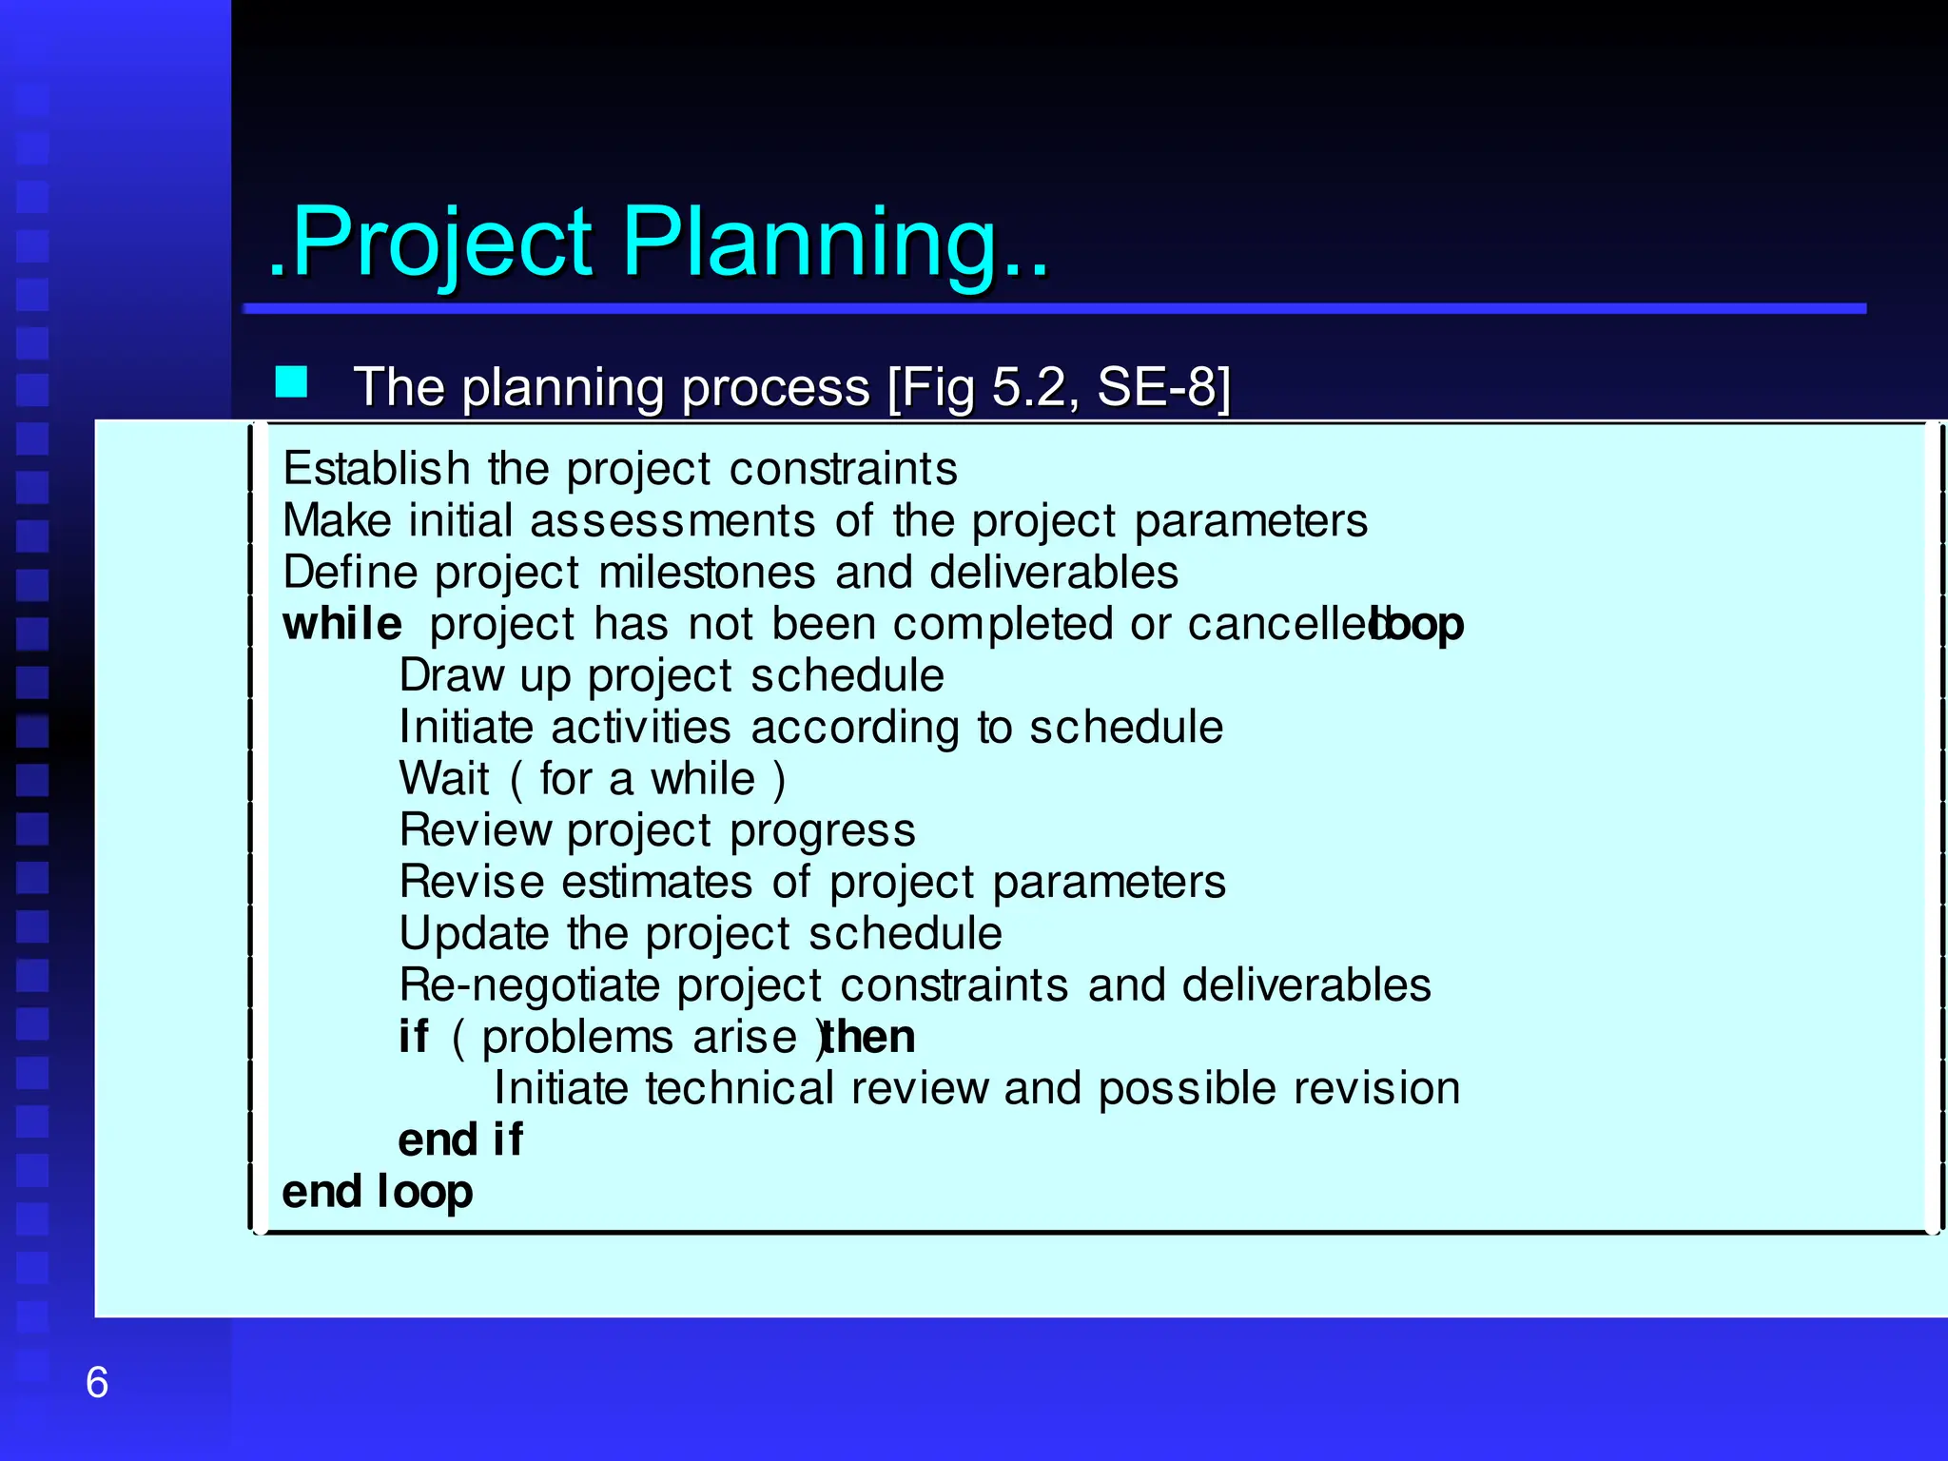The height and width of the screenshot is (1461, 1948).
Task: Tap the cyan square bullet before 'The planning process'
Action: [x=291, y=382]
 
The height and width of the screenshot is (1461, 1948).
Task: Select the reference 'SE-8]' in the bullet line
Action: [x=1163, y=387]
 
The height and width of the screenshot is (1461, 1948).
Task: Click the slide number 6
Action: [x=97, y=1382]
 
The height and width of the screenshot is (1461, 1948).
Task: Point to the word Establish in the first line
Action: [x=377, y=469]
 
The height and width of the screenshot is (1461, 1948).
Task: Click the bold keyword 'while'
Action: [x=341, y=624]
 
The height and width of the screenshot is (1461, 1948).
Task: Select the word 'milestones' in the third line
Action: [x=707, y=573]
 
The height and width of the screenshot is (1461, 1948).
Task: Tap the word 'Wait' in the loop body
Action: [x=443, y=779]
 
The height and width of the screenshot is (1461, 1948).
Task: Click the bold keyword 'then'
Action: [x=869, y=1037]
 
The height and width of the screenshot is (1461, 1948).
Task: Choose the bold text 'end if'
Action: [x=460, y=1140]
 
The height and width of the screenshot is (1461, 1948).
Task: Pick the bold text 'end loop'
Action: [x=377, y=1192]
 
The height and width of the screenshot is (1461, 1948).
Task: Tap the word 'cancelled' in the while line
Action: [x=1279, y=624]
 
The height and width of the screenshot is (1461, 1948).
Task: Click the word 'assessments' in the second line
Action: [x=672, y=521]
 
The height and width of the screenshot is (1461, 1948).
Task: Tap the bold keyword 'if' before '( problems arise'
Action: [x=414, y=1037]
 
